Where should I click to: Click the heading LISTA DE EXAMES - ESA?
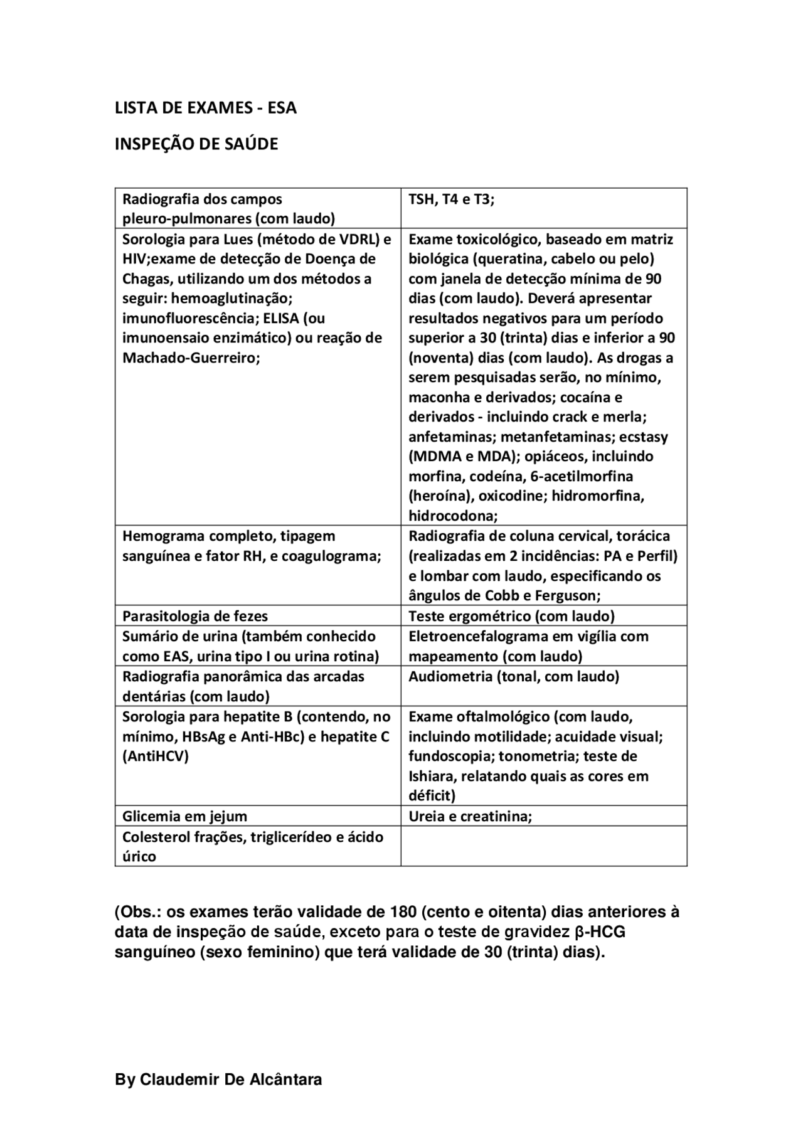pyautogui.click(x=205, y=108)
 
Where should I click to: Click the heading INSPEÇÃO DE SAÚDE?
pyautogui.click(x=196, y=144)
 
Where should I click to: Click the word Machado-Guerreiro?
pyautogui.click(x=191, y=358)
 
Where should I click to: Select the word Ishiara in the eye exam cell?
pyautogui.click(x=432, y=777)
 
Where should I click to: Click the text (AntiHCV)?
pyautogui.click(x=155, y=756)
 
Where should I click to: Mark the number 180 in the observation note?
pyautogui.click(x=402, y=911)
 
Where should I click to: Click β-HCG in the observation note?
pyautogui.click(x=600, y=932)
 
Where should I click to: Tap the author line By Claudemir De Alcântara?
pyautogui.click(x=218, y=1080)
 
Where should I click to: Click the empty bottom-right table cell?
pyautogui.click(x=543, y=846)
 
